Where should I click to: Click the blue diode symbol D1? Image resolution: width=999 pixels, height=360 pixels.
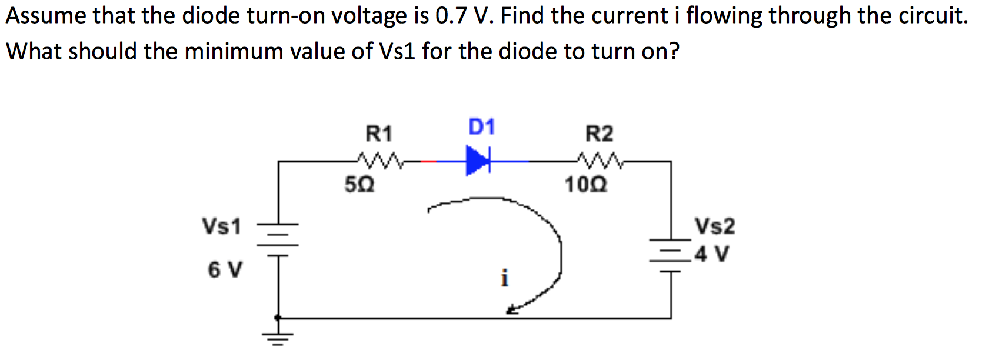[x=478, y=161]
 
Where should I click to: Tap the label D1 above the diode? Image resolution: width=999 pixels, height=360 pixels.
[x=481, y=126]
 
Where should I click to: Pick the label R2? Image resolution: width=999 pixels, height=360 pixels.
[x=599, y=134]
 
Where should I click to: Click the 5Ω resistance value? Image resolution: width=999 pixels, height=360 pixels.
[x=359, y=186]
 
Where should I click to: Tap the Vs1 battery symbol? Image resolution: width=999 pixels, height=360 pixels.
[x=278, y=238]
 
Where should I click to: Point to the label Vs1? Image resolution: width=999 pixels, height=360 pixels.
[x=221, y=226]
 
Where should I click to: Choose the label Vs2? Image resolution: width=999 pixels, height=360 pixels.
[x=715, y=226]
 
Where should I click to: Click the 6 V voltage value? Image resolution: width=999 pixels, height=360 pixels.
[x=224, y=270]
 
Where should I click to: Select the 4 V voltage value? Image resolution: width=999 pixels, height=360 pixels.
[x=712, y=254]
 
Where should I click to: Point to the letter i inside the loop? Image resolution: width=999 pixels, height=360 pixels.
[x=504, y=278]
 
